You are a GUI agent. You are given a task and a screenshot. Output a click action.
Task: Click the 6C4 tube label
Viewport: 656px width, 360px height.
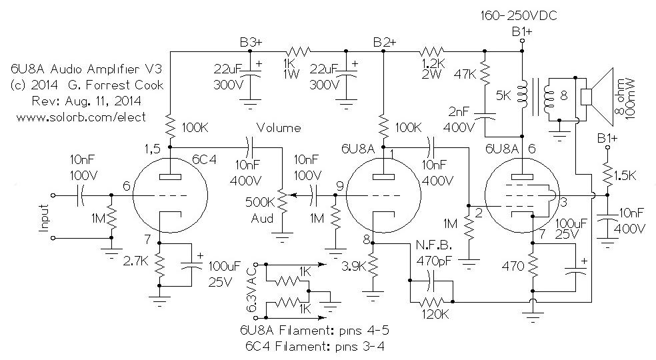pyautogui.click(x=204, y=159)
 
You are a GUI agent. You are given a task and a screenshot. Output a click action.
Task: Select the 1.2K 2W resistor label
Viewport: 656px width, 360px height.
pyautogui.click(x=433, y=69)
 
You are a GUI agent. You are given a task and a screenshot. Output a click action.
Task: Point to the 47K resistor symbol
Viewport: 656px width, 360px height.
pyautogui.click(x=485, y=74)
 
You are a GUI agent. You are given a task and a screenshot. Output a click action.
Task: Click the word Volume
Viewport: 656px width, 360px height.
pyautogui.click(x=279, y=128)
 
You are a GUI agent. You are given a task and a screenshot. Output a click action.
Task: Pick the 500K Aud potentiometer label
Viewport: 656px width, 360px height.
pyautogui.click(x=260, y=210)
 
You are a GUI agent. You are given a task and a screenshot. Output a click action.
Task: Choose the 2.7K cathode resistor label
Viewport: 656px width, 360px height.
pyautogui.click(x=136, y=261)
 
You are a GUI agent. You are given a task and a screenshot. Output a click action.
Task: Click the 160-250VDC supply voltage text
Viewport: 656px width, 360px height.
pyautogui.click(x=519, y=16)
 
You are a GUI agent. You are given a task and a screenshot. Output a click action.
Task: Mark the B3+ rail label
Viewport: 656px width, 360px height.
pyautogui.click(x=251, y=42)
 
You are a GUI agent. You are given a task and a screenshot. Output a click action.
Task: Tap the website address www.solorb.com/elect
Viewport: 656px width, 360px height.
pyautogui.click(x=81, y=117)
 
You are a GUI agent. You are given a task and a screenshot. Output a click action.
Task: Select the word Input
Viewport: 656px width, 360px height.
pyautogui.click(x=45, y=218)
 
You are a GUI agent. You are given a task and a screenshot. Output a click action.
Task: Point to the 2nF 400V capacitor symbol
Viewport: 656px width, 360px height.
pyautogui.click(x=485, y=117)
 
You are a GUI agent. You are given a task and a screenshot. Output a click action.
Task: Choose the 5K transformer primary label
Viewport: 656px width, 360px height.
pyautogui.click(x=503, y=96)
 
